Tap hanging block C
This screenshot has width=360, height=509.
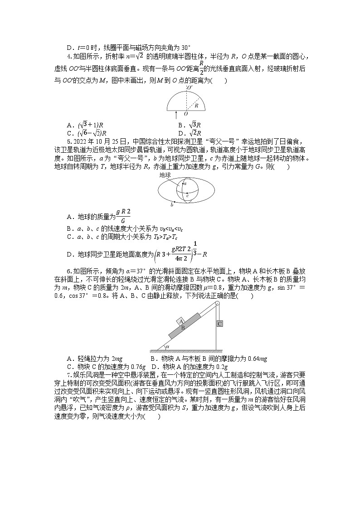point(219,324)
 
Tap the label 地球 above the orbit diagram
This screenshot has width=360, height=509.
point(165,174)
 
